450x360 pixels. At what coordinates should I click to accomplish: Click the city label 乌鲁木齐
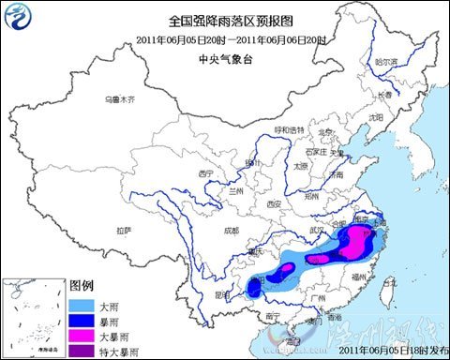[120, 98]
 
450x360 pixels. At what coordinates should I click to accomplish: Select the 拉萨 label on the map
[124, 229]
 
